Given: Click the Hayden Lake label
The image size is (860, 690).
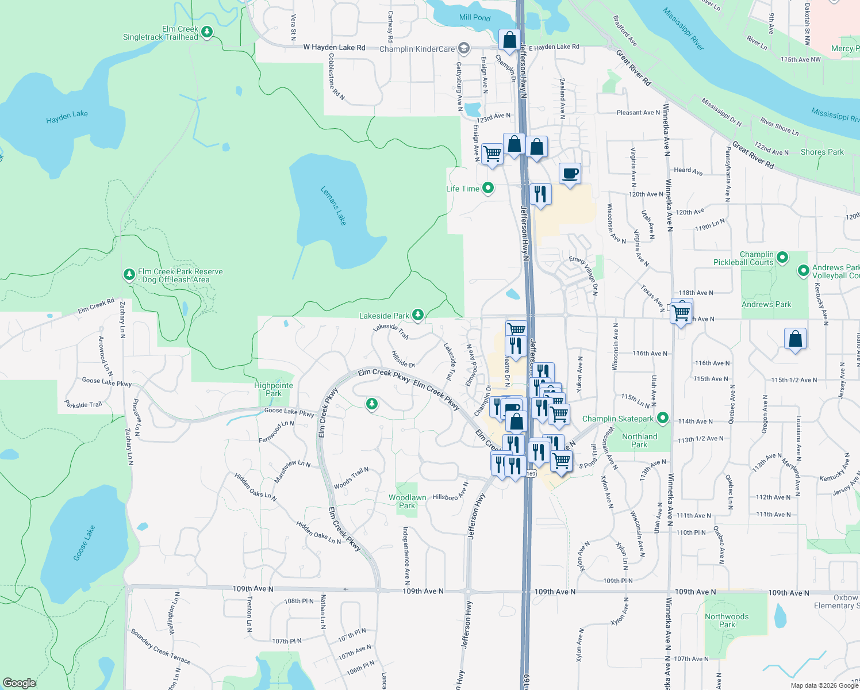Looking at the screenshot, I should click(67, 117).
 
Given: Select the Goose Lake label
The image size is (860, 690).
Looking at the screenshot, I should click(85, 543).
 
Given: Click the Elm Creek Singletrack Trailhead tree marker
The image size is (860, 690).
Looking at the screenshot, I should click(207, 32).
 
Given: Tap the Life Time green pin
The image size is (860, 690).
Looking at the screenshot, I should click(488, 188).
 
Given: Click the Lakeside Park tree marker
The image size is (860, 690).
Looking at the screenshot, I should click(418, 315).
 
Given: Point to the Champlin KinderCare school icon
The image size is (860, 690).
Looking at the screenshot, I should click(464, 48).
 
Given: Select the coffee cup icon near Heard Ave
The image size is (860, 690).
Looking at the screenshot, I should click(570, 174).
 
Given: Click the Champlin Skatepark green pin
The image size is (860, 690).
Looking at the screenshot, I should click(663, 418).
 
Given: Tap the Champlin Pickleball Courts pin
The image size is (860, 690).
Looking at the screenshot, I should click(782, 258).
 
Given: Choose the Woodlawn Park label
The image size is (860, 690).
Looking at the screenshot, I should click(407, 501).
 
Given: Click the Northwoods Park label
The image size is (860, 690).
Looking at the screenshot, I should click(727, 620).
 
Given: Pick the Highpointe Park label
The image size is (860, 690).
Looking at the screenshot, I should click(274, 389).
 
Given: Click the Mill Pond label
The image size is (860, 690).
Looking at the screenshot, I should click(475, 17).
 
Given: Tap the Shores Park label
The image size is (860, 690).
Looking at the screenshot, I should click(822, 152).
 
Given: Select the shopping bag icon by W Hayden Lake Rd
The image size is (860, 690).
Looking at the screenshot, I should click(509, 40).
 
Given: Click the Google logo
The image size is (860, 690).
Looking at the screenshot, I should click(19, 683).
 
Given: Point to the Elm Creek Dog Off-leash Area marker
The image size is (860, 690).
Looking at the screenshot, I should click(129, 275).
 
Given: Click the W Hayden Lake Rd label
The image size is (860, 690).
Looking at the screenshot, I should click(334, 47).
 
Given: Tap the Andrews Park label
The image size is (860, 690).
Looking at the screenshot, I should click(766, 304).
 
